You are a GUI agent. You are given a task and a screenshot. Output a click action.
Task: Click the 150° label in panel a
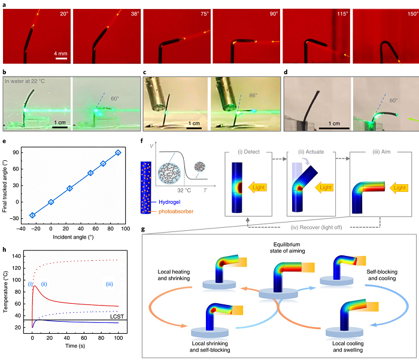tap(408, 12)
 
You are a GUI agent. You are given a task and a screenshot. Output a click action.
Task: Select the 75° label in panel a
tap(199, 12)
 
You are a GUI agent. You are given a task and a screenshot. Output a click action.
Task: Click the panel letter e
tap(5, 141)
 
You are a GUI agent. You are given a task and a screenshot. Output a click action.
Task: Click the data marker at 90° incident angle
tap(119, 152)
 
